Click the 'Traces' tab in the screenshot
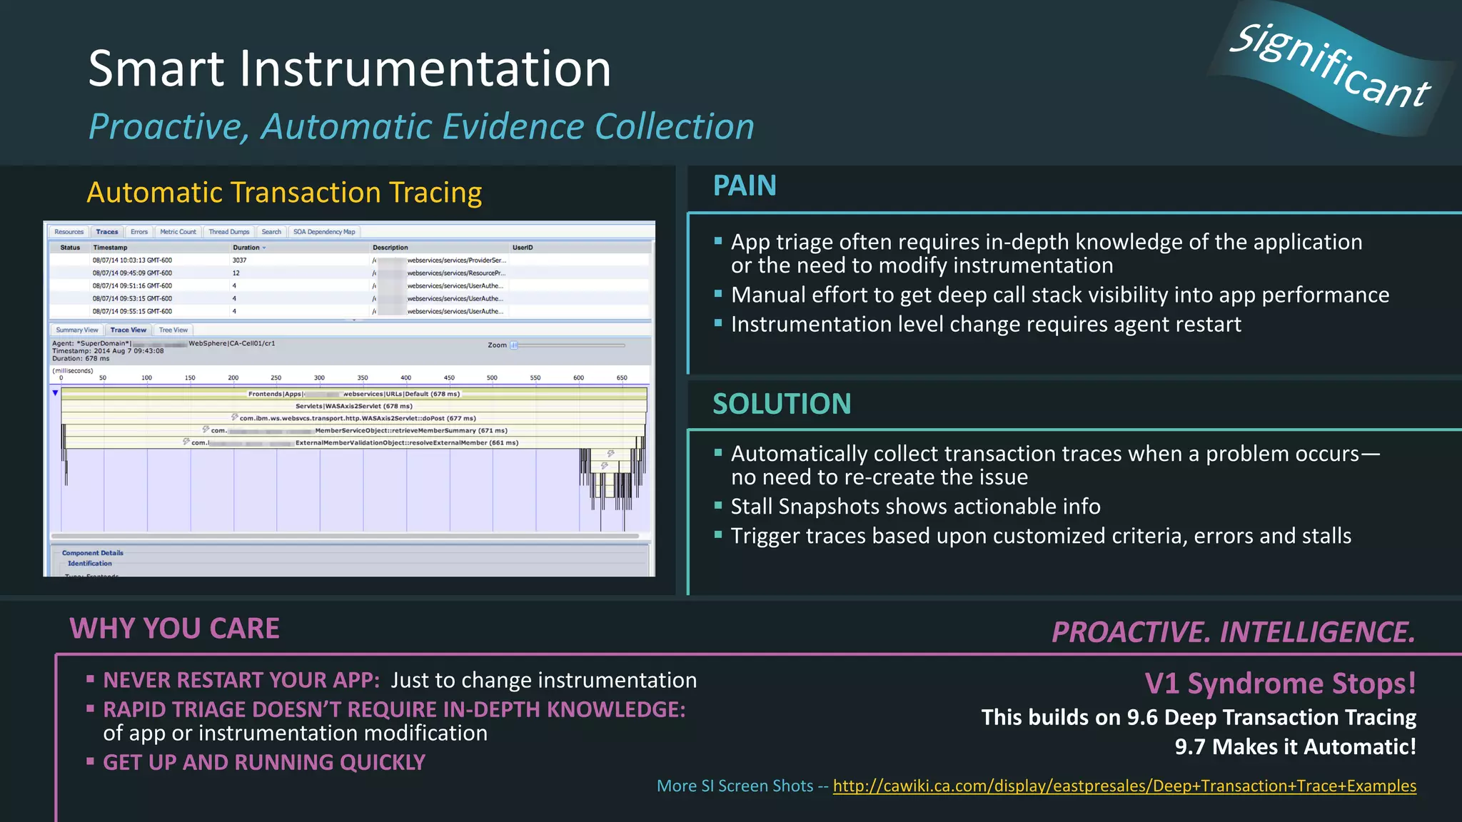[x=107, y=232]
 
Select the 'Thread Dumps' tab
[x=228, y=232]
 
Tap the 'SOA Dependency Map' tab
[x=324, y=232]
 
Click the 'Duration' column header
[x=246, y=248]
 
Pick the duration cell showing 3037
[x=239, y=260]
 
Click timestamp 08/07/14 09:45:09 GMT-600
[x=132, y=273]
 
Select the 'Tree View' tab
[x=173, y=330]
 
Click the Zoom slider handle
[x=514, y=345]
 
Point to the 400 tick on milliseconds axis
[x=405, y=378]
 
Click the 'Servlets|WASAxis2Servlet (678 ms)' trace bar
[x=354, y=406]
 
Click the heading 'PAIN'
[x=745, y=186]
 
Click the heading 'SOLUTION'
[x=782, y=405]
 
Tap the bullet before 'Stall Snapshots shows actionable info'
[x=718, y=506]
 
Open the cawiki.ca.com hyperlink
[x=1124, y=786]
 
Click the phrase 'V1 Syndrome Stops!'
[x=1280, y=684]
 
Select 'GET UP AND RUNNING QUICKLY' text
[x=264, y=763]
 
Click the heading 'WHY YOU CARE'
[x=174, y=629]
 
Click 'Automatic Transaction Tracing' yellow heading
[x=284, y=193]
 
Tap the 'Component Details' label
[x=92, y=553]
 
